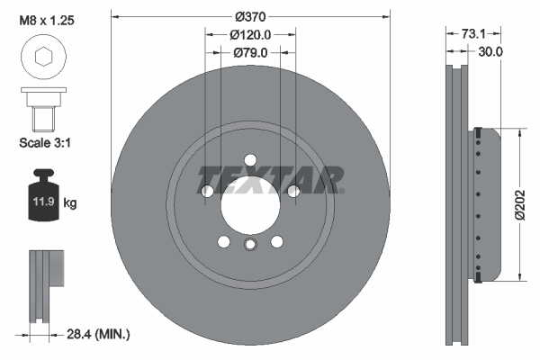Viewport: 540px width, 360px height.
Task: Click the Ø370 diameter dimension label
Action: (250, 16)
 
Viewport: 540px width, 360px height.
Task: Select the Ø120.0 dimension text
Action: (250, 35)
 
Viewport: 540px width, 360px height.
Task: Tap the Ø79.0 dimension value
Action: (250, 53)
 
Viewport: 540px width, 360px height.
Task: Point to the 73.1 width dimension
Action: (473, 34)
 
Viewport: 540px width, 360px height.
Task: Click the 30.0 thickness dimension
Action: (490, 51)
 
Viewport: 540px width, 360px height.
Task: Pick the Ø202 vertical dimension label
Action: (520, 204)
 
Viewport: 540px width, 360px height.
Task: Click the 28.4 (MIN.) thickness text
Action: (98, 334)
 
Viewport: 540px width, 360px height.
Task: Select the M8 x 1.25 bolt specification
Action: (47, 21)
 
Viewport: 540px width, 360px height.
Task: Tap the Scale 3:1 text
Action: (45, 142)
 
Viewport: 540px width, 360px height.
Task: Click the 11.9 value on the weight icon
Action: (43, 201)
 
